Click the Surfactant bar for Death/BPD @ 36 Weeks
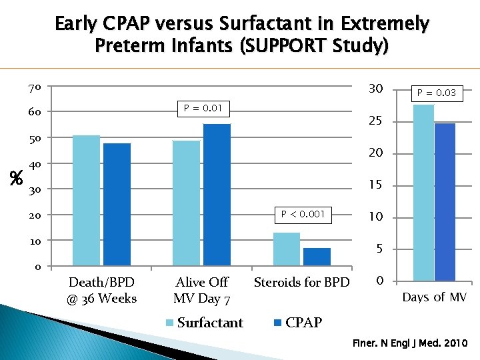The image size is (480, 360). tap(86, 200)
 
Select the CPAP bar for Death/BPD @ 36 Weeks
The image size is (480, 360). tap(117, 204)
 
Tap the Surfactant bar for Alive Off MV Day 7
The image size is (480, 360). tap(186, 203)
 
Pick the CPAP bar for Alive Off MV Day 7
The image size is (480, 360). tap(217, 195)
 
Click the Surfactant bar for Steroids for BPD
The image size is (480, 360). tap(287, 249)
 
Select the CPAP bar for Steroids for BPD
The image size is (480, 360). tap(317, 257)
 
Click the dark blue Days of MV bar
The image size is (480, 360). tap(445, 201)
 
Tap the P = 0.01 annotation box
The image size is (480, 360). tap(203, 108)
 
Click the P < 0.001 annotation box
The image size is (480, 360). tap(303, 214)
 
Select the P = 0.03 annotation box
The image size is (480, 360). tap(437, 93)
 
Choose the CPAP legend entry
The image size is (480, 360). tap(297, 323)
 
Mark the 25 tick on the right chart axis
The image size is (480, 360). tap(375, 121)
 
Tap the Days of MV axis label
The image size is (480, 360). tap(435, 297)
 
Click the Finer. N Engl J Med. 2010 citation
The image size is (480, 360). tap(410, 344)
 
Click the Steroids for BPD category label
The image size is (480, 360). tap(301, 283)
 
